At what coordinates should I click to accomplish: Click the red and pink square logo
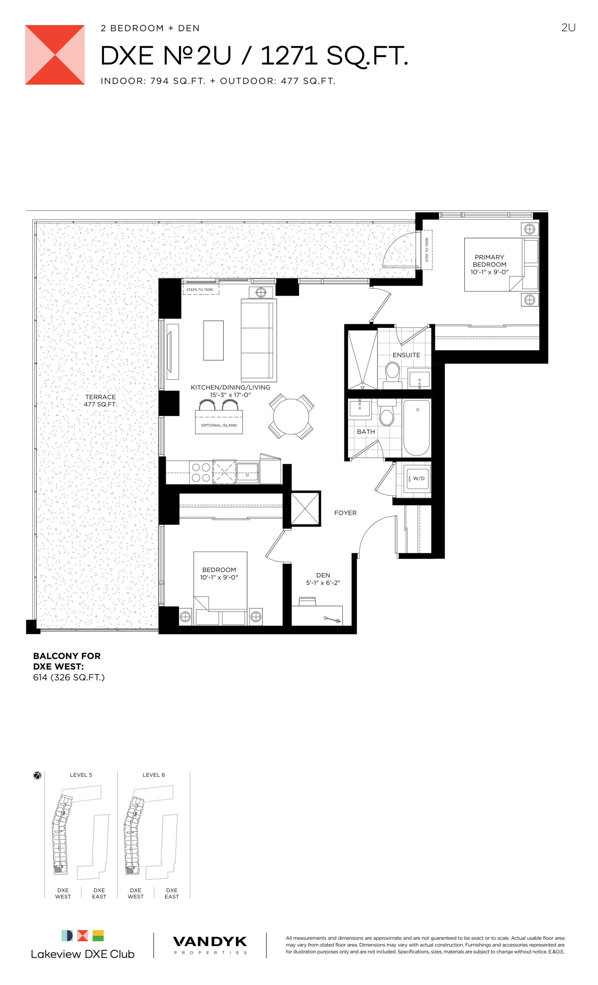(55, 55)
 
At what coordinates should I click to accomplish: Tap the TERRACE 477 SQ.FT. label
(100, 401)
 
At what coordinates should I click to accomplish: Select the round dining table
(291, 417)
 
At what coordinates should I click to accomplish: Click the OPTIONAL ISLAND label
(219, 425)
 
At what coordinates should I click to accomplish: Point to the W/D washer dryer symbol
(418, 479)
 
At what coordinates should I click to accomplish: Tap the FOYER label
(345, 513)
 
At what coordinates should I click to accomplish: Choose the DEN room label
(323, 575)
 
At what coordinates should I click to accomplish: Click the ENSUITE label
(406, 355)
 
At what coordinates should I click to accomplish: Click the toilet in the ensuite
(392, 375)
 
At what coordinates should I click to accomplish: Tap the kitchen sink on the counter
(247, 472)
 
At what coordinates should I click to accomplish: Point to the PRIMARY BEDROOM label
(489, 260)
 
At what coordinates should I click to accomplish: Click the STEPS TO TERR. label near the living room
(200, 289)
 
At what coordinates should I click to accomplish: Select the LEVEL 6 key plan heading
(154, 775)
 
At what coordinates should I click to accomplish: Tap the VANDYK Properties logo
(210, 945)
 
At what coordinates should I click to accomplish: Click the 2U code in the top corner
(568, 28)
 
